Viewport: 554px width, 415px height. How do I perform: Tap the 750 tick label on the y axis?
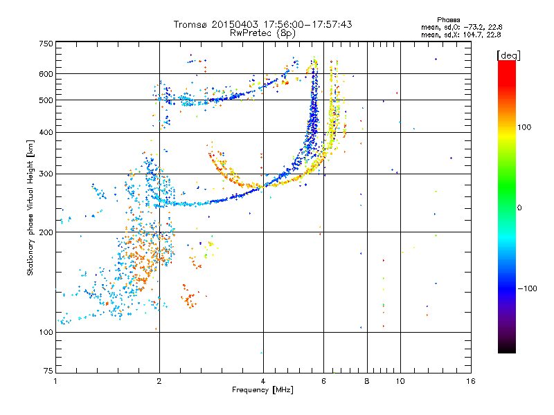pos(46,44)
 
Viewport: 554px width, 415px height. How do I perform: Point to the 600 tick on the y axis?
pos(46,74)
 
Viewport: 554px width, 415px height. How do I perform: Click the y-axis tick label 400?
pos(46,132)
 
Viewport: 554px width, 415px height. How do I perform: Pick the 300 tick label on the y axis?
pos(46,174)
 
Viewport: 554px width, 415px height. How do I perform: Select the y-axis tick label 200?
pos(46,232)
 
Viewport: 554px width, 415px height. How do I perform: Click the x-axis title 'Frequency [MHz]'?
pos(262,390)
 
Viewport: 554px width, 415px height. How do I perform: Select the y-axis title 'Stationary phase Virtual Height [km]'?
pos(30,207)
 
